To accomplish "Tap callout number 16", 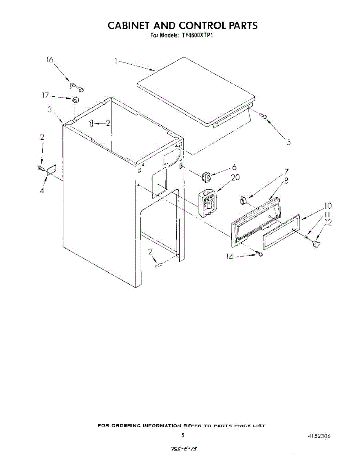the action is click(x=50, y=60).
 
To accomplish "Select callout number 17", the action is click(x=45, y=96).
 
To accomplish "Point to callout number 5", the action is click(x=289, y=142).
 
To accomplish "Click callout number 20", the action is click(x=235, y=177).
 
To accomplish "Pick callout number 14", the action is click(x=229, y=257).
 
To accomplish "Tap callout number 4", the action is click(x=42, y=190).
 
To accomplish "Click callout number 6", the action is click(x=234, y=167).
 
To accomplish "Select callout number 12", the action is click(x=328, y=222).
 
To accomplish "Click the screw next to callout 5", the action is click(x=264, y=116).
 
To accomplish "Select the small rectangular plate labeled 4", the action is click(x=51, y=170).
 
